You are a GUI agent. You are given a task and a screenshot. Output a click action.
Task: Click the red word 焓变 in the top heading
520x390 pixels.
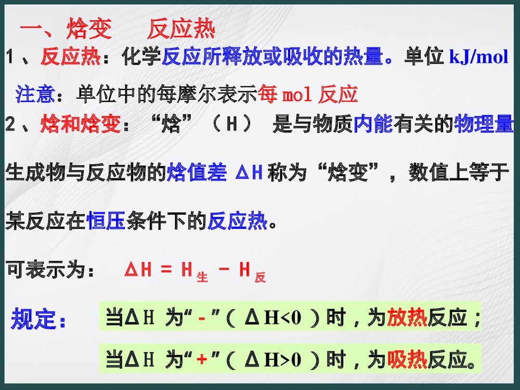(x=89, y=31)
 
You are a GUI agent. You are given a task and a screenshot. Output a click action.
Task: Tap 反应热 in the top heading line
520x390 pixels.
(x=180, y=31)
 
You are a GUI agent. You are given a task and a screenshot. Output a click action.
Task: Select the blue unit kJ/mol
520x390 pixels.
(x=478, y=57)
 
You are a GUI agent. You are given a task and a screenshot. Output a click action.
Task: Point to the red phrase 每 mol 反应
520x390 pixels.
(x=308, y=94)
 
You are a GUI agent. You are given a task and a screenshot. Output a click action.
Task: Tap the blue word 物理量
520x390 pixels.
(x=484, y=125)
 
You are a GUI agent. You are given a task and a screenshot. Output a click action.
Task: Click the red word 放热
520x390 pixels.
(x=407, y=317)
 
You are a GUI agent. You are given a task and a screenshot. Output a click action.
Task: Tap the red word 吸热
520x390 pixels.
(x=407, y=359)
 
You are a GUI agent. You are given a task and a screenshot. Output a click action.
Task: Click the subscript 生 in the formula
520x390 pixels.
(x=202, y=278)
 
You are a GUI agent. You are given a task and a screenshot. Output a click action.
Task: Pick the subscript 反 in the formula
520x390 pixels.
(x=260, y=278)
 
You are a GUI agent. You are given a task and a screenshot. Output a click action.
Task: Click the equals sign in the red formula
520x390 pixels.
(x=165, y=270)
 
